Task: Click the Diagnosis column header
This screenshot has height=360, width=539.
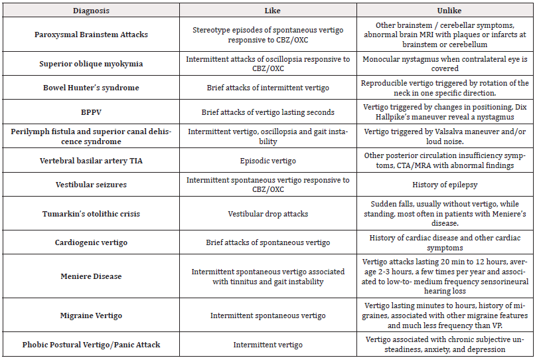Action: pos(91,10)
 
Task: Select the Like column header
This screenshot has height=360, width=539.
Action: pos(268,10)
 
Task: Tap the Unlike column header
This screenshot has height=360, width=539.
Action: pos(444,10)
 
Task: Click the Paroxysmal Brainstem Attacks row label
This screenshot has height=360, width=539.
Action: pos(91,35)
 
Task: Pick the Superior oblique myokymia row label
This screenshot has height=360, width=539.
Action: pos(91,64)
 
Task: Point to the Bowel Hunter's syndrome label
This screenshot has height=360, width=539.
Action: pos(91,88)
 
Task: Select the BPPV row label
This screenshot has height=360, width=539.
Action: pos(91,112)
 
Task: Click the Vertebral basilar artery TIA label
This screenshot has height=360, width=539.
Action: pos(91,161)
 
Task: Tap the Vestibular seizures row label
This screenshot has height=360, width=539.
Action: pos(91,185)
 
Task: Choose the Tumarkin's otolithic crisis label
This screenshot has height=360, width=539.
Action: pos(91,214)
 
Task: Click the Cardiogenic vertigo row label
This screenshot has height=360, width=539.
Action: pos(91,242)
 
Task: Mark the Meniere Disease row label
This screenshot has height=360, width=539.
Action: pos(91,276)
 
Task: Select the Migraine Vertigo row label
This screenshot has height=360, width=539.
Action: pos(91,315)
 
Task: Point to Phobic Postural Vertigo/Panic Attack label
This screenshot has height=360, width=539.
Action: pos(91,345)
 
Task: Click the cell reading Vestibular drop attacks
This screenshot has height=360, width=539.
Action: pos(268,214)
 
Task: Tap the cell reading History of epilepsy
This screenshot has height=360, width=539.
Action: pos(444,185)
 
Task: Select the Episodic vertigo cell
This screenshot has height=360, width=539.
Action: pos(268,161)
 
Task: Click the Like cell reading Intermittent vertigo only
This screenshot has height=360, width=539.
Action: pos(268,345)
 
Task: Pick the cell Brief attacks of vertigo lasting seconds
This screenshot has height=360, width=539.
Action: pos(268,112)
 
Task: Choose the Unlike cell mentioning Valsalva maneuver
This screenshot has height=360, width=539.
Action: pos(444,136)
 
